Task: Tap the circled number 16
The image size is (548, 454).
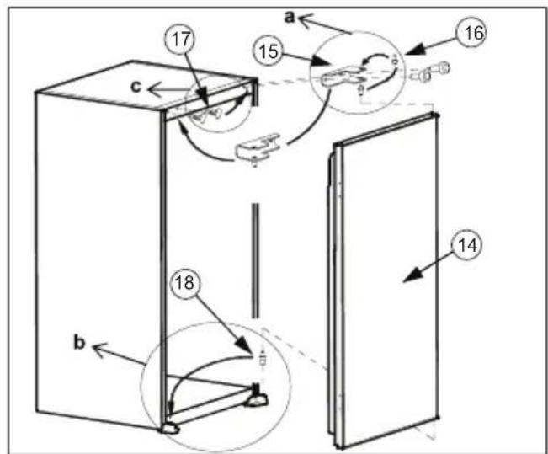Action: (x=471, y=33)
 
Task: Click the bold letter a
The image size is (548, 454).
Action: (x=290, y=14)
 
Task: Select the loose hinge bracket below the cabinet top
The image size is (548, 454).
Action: (x=256, y=151)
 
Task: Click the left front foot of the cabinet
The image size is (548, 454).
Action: (x=171, y=427)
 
